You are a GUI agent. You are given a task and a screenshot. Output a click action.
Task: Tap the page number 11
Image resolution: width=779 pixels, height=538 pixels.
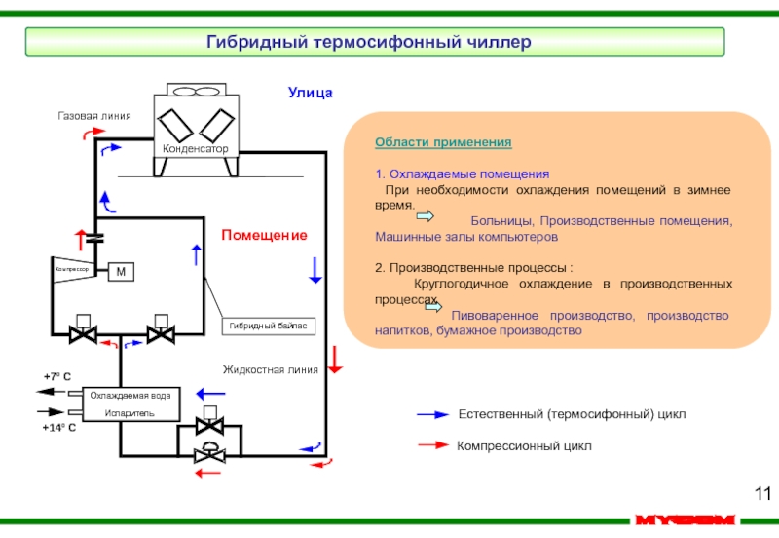pos(761,492)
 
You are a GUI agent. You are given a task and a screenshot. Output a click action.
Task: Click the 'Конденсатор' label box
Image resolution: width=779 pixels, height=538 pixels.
pos(195,149)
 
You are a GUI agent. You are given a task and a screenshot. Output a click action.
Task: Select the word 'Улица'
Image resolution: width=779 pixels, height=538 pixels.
pos(310,93)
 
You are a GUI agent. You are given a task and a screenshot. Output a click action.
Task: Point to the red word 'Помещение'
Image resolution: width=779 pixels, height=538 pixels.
pos(264,236)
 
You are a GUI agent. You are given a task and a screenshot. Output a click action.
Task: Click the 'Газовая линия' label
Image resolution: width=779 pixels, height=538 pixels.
pos(93,116)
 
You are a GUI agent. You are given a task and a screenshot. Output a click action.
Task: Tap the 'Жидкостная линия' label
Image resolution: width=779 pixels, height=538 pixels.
pos(271,370)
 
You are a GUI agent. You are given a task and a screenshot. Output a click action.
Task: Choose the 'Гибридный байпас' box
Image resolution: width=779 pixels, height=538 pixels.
pos(272,327)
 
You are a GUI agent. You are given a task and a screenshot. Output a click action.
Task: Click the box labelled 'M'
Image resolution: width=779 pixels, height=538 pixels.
pos(121,271)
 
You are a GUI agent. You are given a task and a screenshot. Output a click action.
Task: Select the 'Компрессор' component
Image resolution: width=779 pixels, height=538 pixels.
pos(72,268)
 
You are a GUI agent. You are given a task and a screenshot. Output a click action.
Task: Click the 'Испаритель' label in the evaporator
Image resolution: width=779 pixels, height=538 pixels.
pos(130,412)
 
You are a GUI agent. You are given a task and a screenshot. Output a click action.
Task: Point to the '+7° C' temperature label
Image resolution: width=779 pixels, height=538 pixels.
pos(57,376)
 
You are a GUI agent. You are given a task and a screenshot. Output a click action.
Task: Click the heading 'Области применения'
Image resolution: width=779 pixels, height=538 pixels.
pos(443,142)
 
